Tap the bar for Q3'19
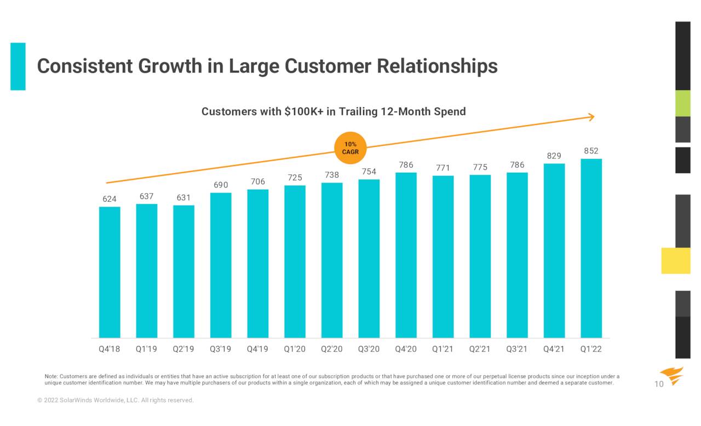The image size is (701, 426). tap(221, 265)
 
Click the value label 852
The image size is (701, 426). tap(591, 151)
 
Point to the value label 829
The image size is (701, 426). tap(554, 156)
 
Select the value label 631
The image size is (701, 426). tap(183, 197)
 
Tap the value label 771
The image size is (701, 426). tap(443, 168)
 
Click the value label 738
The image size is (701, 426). tap(332, 175)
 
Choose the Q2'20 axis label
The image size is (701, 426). tap(332, 349)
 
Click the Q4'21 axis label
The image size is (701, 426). tap(554, 349)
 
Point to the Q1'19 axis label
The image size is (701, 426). tap(146, 349)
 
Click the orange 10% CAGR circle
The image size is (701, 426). tap(350, 148)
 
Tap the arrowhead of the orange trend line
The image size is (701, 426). tap(591, 117)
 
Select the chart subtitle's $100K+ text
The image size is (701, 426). tap(304, 112)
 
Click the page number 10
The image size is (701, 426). tap(659, 384)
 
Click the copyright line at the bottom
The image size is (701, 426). tap(116, 400)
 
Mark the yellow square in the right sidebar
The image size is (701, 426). tap(676, 260)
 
